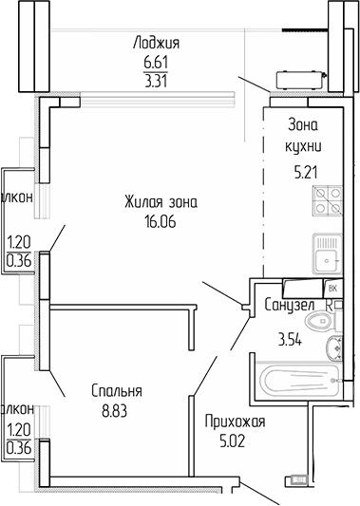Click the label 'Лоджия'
pos(157,43)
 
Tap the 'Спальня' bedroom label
pos(117,391)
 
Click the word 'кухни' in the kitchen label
pos(304,145)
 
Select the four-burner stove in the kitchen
pos(329,201)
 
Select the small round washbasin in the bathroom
pos(332,347)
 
